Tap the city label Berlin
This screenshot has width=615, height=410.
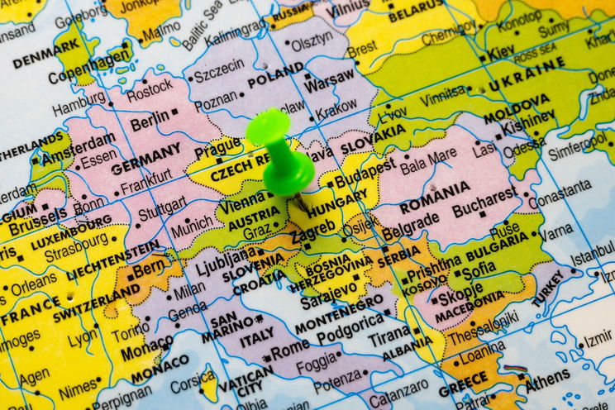149,123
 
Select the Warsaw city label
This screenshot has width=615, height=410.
328,84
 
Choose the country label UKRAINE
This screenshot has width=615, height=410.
526,77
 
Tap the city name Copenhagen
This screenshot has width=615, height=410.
89,67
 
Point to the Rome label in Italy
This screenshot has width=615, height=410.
288,350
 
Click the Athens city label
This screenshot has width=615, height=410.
547,378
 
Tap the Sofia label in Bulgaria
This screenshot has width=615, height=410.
479,269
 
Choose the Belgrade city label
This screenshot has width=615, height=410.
411,223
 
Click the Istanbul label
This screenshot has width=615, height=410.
592,257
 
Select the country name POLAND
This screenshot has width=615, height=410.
275,80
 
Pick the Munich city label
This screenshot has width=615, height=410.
191,225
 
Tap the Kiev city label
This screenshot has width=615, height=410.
501,52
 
